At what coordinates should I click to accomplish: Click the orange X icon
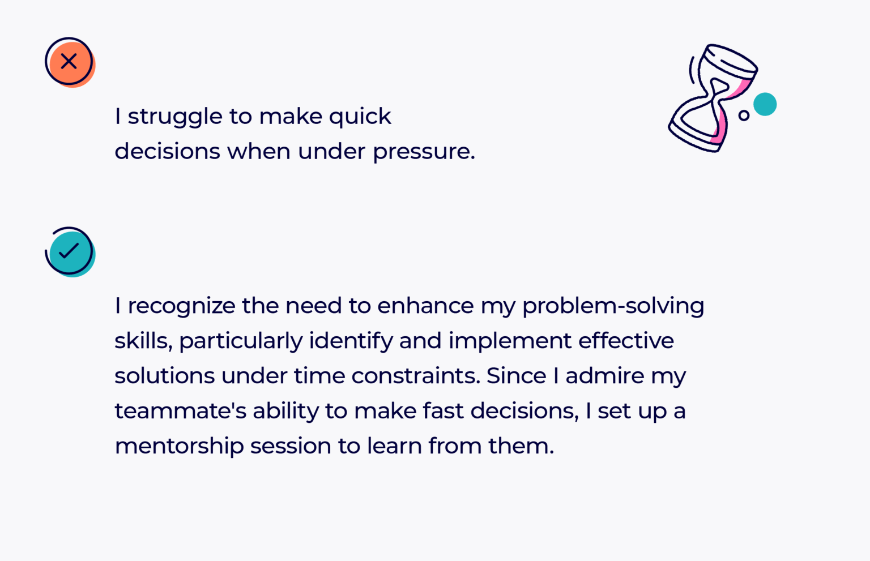(x=69, y=62)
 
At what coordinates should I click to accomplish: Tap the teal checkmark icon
(x=70, y=251)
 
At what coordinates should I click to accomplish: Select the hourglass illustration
(x=713, y=97)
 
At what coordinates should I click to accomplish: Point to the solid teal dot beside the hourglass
(x=765, y=104)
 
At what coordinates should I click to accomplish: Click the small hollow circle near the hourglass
(x=744, y=115)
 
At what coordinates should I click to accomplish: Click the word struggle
(x=175, y=117)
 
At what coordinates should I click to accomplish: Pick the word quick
(x=360, y=117)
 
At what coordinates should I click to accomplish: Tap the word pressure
(x=423, y=152)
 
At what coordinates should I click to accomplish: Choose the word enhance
(x=425, y=306)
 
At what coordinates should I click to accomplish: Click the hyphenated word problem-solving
(x=613, y=306)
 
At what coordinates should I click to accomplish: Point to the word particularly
(x=240, y=341)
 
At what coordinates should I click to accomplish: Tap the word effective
(x=626, y=341)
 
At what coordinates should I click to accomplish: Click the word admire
(x=604, y=376)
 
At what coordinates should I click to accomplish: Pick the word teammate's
(x=180, y=412)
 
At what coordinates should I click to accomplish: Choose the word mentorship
(x=179, y=447)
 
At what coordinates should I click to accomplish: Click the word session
(x=291, y=447)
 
